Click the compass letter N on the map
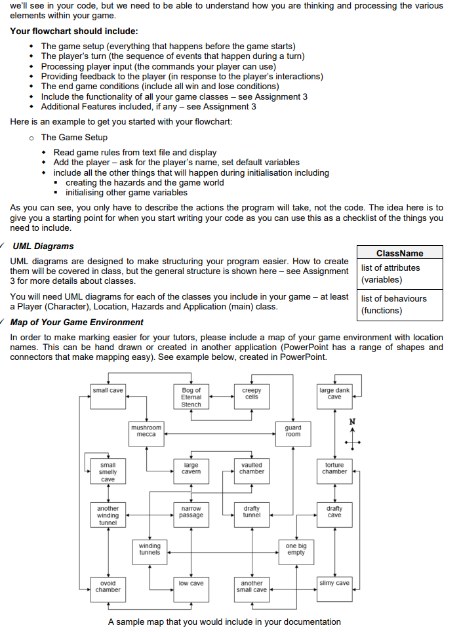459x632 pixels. click(x=353, y=421)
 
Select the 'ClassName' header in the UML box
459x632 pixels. click(x=399, y=253)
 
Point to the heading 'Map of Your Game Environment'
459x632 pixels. click(x=77, y=322)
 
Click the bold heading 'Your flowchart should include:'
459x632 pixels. click(x=74, y=31)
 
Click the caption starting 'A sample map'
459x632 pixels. click(x=224, y=622)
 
